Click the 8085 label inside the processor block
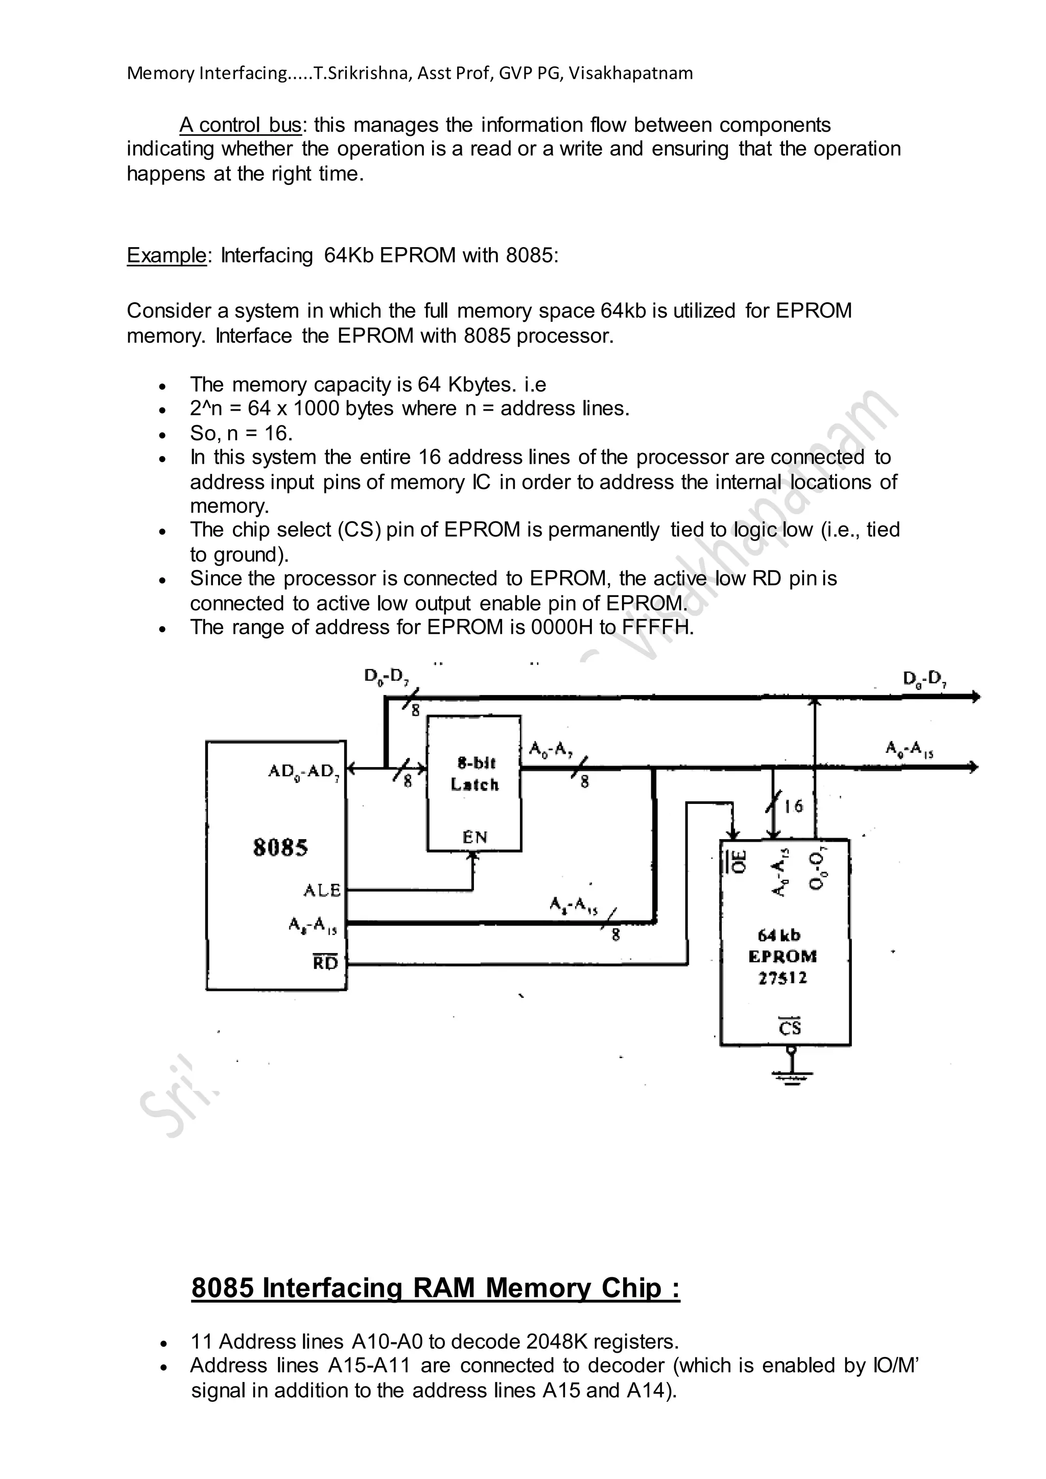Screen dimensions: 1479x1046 point(280,847)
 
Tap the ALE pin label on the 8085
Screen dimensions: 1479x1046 point(322,890)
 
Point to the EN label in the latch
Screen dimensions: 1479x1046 point(474,837)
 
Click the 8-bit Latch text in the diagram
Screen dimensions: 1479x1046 point(476,774)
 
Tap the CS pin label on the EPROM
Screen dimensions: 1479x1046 point(790,1027)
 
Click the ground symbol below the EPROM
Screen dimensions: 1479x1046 point(792,1075)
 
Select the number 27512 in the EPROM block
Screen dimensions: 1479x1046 point(782,978)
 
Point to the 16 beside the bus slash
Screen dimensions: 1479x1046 point(794,806)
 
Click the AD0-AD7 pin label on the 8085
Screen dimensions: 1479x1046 point(303,771)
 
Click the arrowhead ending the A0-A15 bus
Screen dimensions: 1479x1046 point(974,767)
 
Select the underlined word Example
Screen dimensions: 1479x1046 point(166,256)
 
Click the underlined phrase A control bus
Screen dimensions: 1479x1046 point(240,125)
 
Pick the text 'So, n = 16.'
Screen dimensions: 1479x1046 point(241,433)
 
